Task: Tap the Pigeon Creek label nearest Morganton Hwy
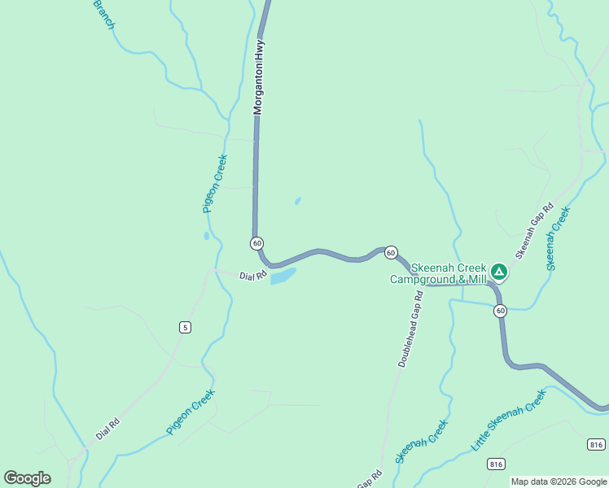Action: click(214, 184)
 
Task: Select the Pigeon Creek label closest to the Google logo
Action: click(191, 412)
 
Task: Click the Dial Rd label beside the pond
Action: click(253, 277)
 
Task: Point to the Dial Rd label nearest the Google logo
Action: click(107, 429)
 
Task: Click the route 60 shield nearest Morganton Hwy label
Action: click(257, 243)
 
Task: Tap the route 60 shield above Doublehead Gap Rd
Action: click(391, 253)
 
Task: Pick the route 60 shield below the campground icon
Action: click(500, 311)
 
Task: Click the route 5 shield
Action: click(186, 327)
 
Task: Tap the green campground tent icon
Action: click(498, 272)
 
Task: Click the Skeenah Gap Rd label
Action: click(534, 229)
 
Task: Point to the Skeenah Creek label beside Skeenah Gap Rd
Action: click(559, 238)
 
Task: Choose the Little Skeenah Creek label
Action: click(509, 420)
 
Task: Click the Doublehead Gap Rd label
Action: click(411, 329)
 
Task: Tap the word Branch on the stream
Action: click(104, 14)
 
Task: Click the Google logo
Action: click(27, 478)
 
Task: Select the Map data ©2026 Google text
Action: click(559, 481)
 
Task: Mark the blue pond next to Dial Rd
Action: click(283, 277)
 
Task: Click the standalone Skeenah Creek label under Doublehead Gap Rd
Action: click(421, 442)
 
